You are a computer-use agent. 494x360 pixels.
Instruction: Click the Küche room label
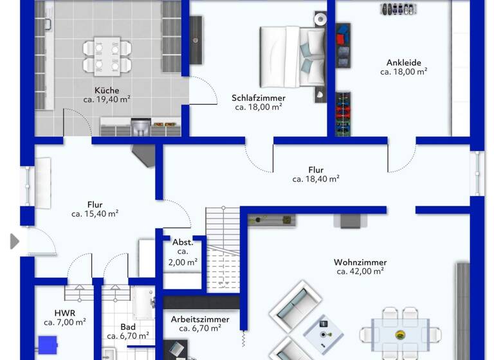click(x=106, y=91)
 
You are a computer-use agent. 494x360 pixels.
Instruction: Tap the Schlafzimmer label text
click(x=259, y=98)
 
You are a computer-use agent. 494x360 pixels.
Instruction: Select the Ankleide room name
click(x=403, y=63)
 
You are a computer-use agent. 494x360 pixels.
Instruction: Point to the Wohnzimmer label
click(x=360, y=262)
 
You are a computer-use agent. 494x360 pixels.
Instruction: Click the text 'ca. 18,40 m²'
click(x=316, y=179)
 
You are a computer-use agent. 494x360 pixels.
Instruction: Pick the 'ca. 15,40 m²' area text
click(x=95, y=213)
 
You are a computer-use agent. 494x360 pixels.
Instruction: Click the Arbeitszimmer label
click(x=199, y=319)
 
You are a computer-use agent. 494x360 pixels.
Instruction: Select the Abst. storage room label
click(x=183, y=242)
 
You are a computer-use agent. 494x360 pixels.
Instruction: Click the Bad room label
click(x=127, y=326)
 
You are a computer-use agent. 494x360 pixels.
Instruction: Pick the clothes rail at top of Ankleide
click(x=398, y=9)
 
